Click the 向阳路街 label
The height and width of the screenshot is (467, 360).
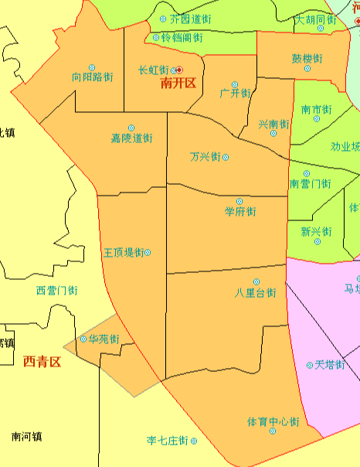tap(92, 77)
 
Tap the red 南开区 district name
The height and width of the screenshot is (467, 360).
tap(179, 84)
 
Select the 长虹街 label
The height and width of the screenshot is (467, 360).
tap(153, 70)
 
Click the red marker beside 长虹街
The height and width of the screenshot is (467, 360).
tap(179, 70)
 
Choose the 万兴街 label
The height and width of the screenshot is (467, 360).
tap(205, 157)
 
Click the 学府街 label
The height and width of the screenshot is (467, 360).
tap(239, 211)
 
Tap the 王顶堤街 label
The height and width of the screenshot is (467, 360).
tap(123, 252)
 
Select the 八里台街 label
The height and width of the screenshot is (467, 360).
tap(256, 293)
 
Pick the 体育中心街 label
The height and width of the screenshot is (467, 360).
tap(273, 421)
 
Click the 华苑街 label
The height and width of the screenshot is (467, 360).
tap(104, 339)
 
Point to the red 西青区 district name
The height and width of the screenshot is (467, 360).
tap(42, 360)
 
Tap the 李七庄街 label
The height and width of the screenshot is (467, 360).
tap(168, 441)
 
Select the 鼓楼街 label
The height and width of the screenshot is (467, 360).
tap(307, 58)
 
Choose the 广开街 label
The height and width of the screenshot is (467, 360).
tap(235, 93)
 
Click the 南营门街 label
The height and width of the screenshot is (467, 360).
tap(310, 184)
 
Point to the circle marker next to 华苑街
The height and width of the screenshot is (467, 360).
tap(83, 339)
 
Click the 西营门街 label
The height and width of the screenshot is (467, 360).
tap(57, 291)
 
